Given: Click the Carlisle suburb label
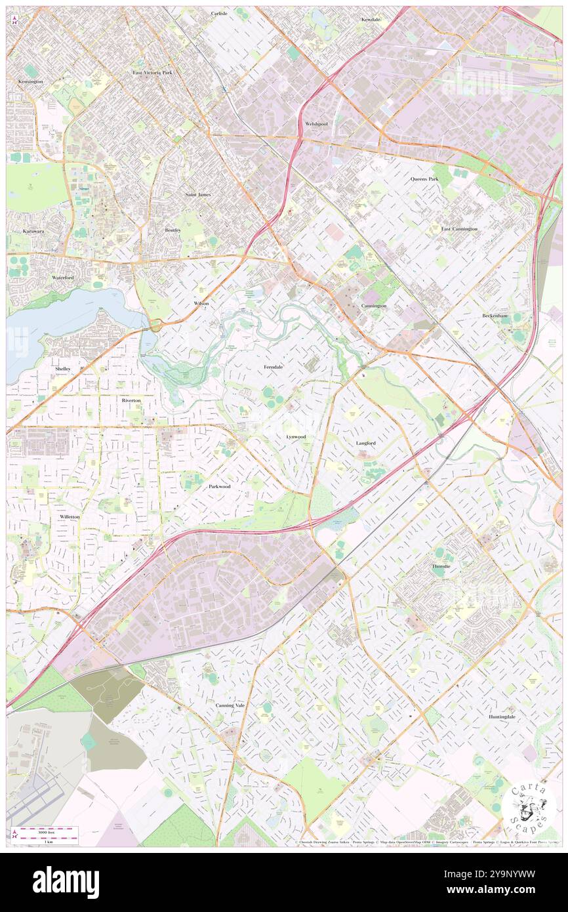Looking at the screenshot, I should [219, 13].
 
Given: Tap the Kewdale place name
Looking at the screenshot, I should [371, 20].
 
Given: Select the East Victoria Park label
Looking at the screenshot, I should [152, 72].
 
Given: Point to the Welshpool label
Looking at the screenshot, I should [316, 124].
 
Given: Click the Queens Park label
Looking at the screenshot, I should [424, 178].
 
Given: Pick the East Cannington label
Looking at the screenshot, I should [459, 229].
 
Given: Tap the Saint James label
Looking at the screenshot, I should [198, 195].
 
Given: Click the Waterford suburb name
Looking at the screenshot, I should [63, 278].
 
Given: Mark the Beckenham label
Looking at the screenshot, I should [495, 316].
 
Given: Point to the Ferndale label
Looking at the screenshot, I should [274, 367].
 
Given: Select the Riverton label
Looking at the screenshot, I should [131, 400].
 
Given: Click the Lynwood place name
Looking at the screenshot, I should [296, 436].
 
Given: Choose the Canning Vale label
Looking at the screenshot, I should [230, 705].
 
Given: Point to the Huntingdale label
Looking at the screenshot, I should [502, 717].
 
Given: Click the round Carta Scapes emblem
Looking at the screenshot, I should [529, 806].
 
